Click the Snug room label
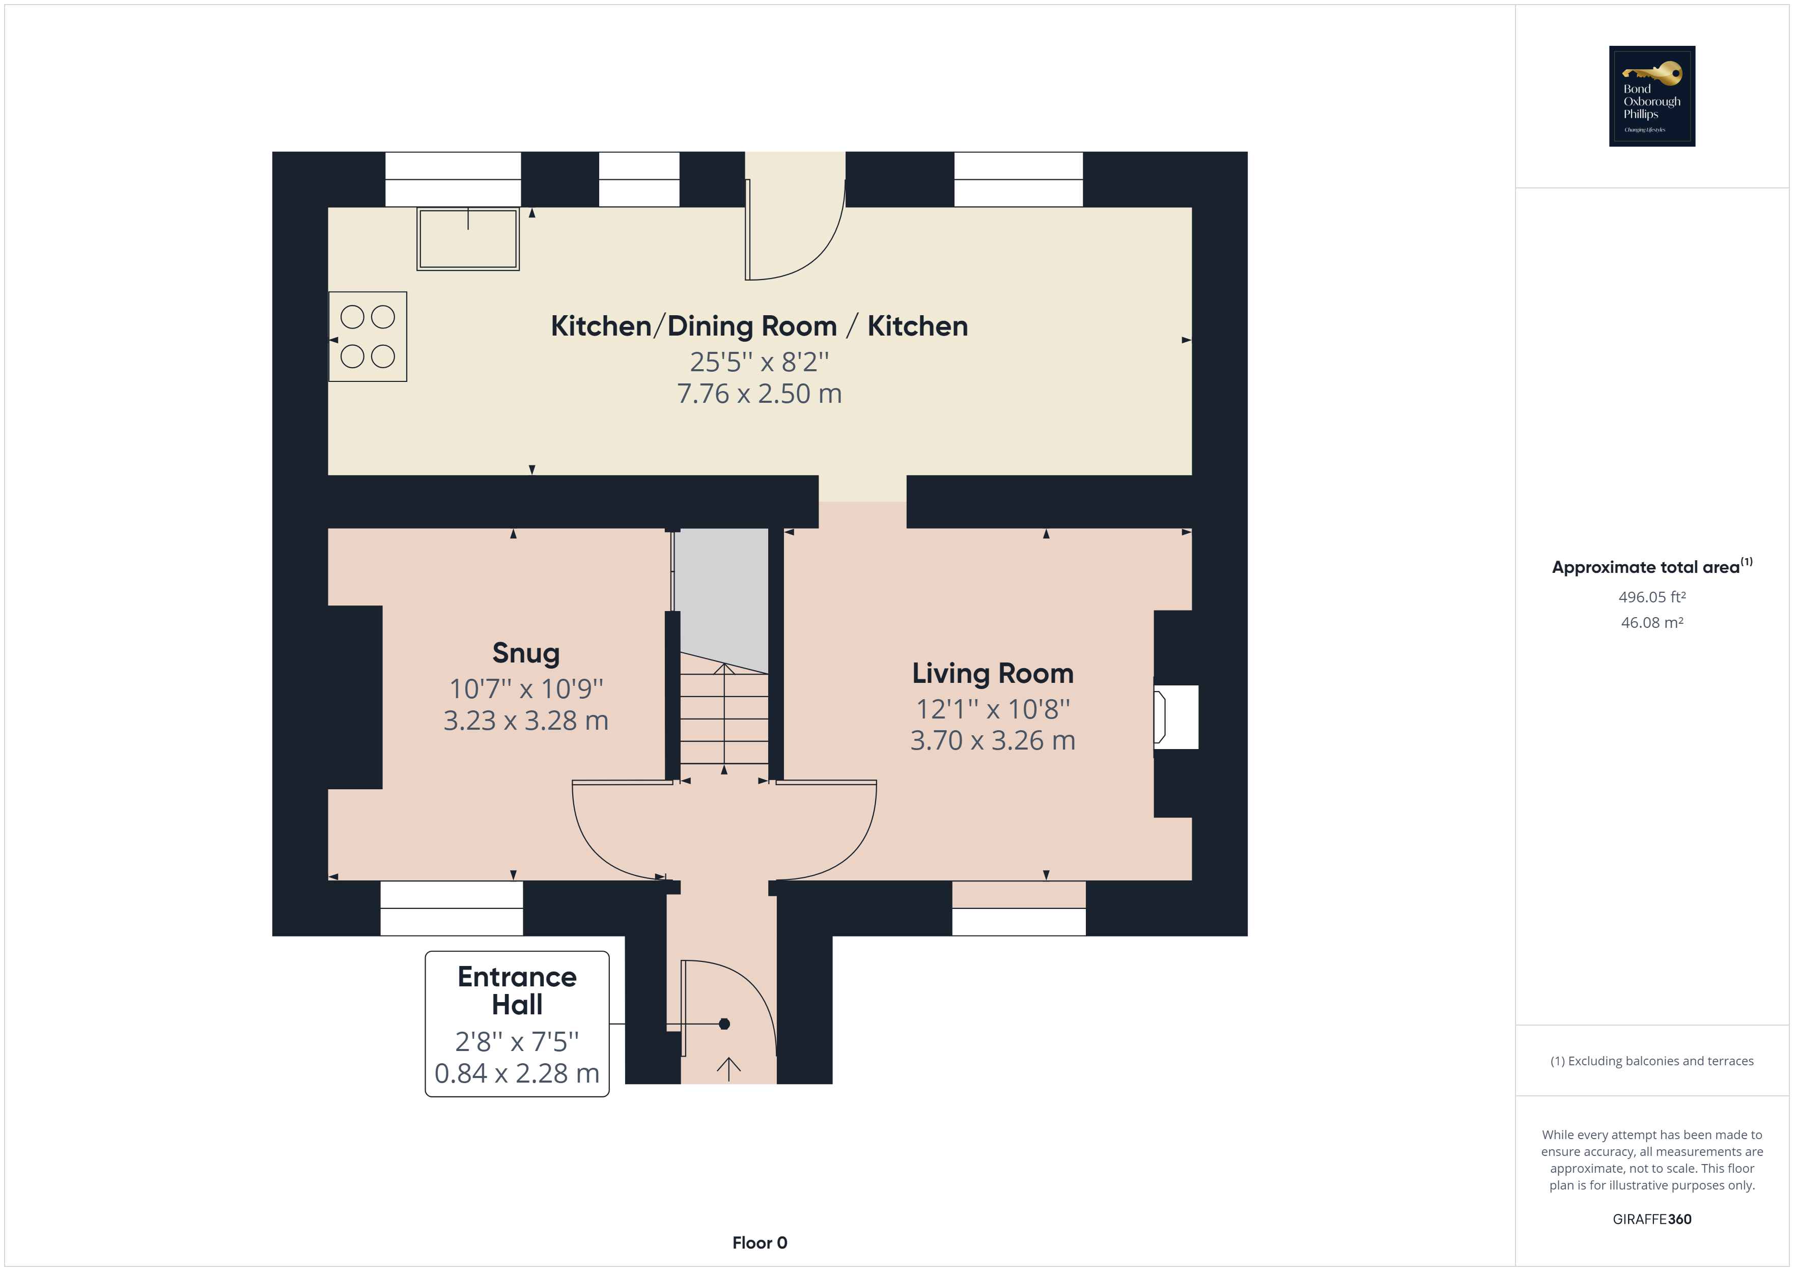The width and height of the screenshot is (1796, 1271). coord(526,653)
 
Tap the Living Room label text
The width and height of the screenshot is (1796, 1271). coord(993,673)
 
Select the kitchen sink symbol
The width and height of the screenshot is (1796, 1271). coord(468,239)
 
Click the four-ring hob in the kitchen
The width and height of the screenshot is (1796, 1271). coord(368,337)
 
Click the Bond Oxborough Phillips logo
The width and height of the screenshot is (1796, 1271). coord(1651,96)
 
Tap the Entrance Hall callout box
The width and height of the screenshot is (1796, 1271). coord(517,1024)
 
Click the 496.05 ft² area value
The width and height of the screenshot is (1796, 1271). coord(1651,597)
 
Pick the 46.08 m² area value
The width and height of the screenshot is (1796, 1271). coord(1651,623)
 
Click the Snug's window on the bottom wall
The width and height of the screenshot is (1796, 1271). coord(452,908)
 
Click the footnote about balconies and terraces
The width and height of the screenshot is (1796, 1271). coord(1651,1061)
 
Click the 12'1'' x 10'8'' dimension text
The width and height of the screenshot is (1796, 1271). coord(993,709)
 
